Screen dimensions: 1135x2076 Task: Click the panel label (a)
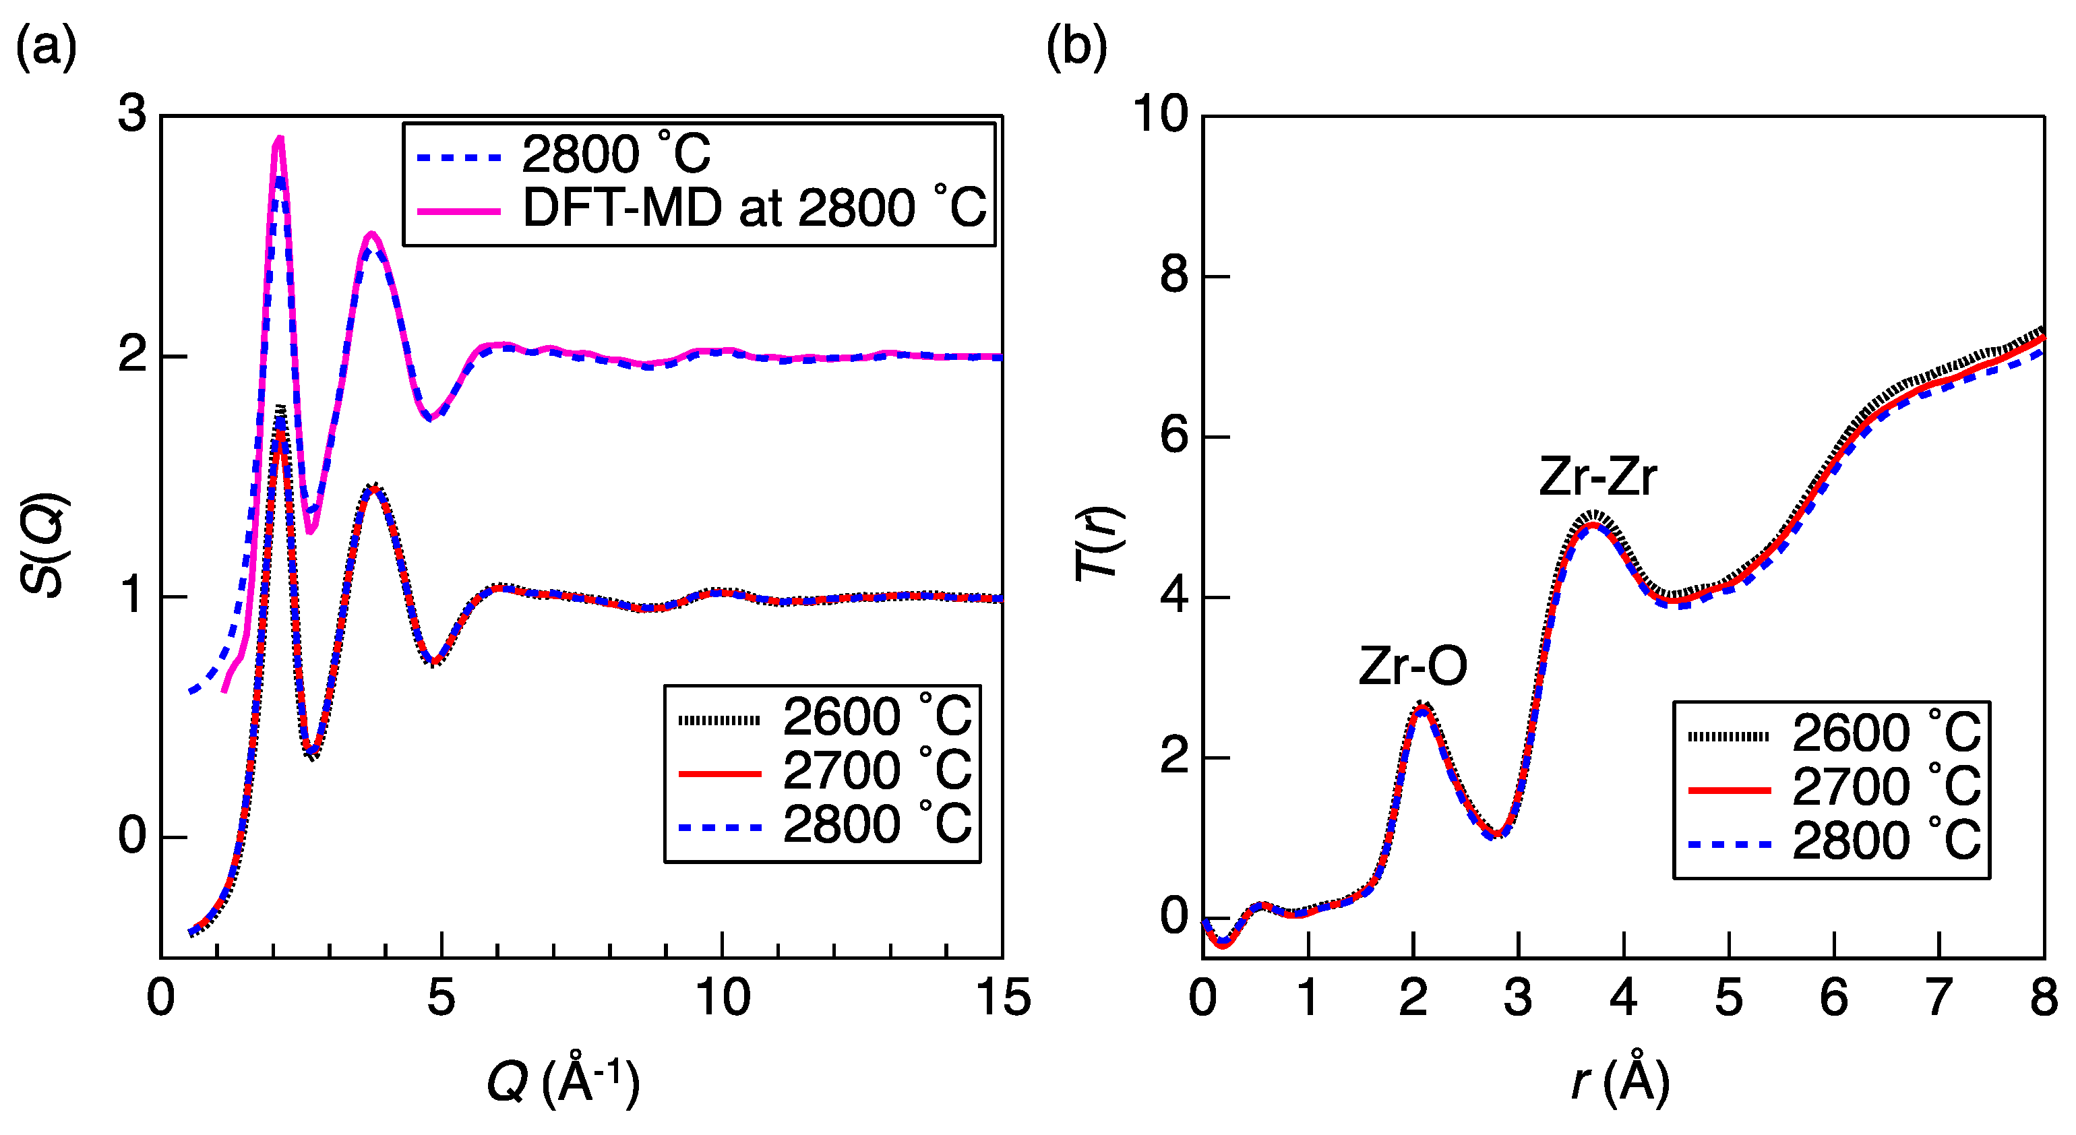[46, 47]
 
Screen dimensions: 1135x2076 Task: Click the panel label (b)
[1076, 47]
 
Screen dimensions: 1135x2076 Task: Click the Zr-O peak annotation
[1412, 667]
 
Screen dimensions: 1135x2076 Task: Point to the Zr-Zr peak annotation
[1597, 477]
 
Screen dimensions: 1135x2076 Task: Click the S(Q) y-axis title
[44, 545]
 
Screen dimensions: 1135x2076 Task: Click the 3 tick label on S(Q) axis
[132, 114]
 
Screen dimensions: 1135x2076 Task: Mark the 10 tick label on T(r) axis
[1161, 114]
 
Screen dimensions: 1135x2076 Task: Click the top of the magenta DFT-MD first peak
[280, 139]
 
